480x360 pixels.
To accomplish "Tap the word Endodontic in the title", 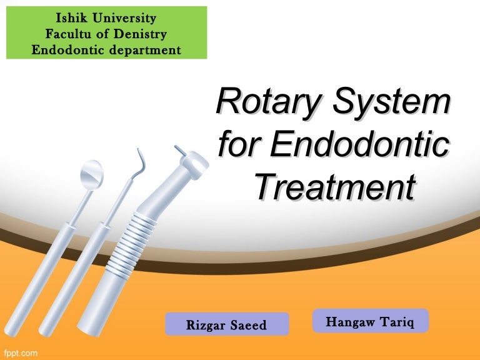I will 360,144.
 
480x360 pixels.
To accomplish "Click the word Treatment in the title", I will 335,186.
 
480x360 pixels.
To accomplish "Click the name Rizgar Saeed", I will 227,325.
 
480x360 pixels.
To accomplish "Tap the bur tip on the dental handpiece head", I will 180,150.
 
